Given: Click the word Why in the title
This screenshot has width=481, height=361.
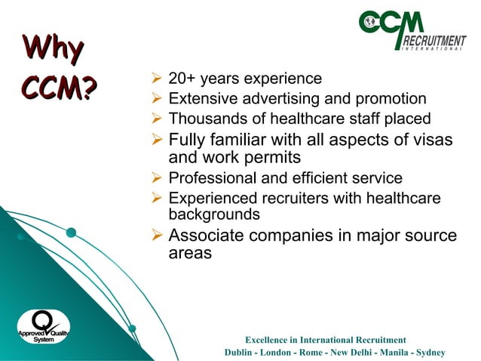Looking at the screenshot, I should coord(53,51).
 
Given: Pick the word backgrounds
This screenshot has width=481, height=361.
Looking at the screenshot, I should coord(213,214).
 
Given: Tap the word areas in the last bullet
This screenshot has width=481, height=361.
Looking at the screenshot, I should coord(190,254).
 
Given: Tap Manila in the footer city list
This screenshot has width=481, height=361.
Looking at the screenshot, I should coord(385,353).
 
